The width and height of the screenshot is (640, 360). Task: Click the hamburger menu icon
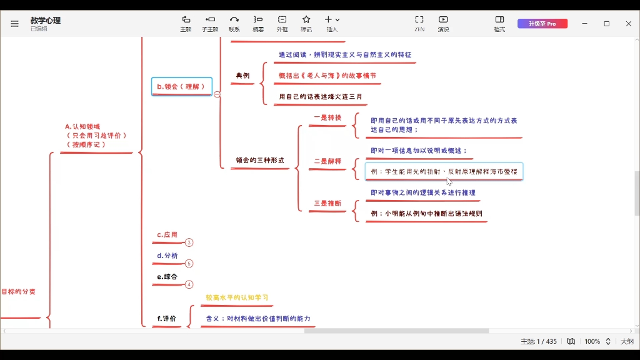(x=14, y=24)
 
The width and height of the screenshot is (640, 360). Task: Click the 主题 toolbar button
(x=186, y=23)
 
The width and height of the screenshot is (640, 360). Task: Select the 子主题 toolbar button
(x=210, y=23)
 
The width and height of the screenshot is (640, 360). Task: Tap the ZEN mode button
(x=419, y=23)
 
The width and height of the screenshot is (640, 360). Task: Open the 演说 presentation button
(x=443, y=23)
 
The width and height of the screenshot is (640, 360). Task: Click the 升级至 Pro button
(x=542, y=24)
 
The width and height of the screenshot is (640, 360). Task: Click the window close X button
(x=628, y=24)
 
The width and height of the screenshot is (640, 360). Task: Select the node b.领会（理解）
(x=181, y=86)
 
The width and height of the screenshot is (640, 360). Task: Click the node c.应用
(x=167, y=235)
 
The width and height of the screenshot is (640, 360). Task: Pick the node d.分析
(x=167, y=256)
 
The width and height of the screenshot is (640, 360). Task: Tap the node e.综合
(x=167, y=276)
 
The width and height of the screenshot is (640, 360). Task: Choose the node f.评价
(x=167, y=318)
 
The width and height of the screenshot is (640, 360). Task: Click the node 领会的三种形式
(x=260, y=161)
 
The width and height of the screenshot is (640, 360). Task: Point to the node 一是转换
(x=327, y=117)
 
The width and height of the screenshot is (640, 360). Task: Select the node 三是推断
(x=327, y=203)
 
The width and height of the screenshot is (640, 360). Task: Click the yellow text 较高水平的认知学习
(x=237, y=297)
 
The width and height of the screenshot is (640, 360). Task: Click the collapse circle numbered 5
(x=189, y=264)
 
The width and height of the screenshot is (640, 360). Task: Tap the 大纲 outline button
(x=626, y=341)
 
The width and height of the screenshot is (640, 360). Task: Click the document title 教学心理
(x=46, y=20)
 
